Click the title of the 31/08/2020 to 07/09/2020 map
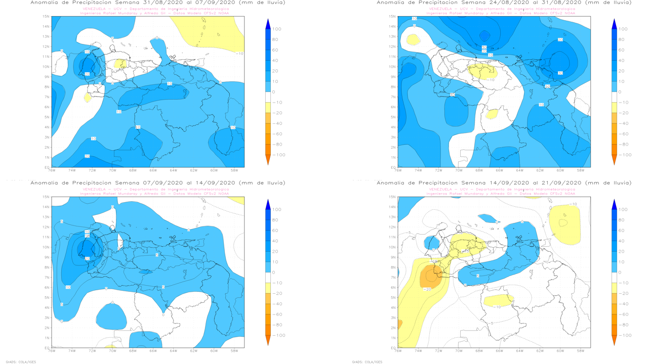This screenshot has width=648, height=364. pyautogui.click(x=157, y=3)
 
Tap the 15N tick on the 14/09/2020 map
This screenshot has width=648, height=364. pyautogui.click(x=393, y=197)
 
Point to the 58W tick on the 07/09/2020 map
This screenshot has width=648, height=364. pyautogui.click(x=233, y=350)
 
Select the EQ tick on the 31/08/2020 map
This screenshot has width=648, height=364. pyautogui.click(x=47, y=167)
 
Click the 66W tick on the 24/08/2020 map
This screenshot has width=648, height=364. pyautogui.click(x=499, y=170)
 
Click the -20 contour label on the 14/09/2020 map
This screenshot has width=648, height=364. pyautogui.click(x=426, y=289)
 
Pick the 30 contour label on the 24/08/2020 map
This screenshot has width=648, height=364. pyautogui.click(x=560, y=73)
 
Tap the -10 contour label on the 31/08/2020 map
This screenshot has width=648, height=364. pyautogui.click(x=239, y=54)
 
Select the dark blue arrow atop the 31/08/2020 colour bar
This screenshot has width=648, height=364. pyautogui.click(x=268, y=23)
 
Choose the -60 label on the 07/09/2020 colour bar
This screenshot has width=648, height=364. pyautogui.click(x=277, y=314)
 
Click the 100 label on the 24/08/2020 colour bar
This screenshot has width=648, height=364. pyautogui.click(x=623, y=29)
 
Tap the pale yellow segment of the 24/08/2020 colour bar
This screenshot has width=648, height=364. pyautogui.click(x=614, y=108)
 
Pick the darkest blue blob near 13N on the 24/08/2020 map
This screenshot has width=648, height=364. pyautogui.click(x=485, y=35)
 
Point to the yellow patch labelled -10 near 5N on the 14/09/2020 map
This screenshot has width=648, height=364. pyautogui.click(x=499, y=301)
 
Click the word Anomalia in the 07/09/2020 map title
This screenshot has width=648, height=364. pyautogui.click(x=45, y=183)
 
